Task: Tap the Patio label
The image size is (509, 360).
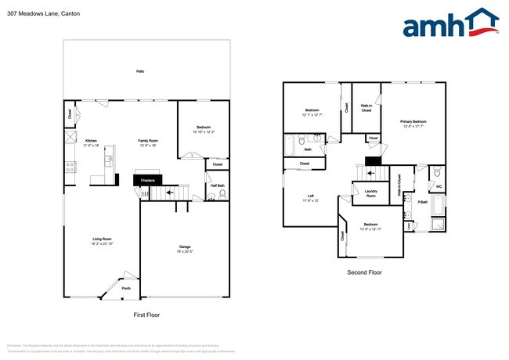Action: (x=140, y=71)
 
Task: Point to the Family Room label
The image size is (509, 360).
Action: (x=149, y=141)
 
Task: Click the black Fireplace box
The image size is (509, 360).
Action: (x=148, y=181)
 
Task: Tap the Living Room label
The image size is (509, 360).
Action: (x=103, y=239)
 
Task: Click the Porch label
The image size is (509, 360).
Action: (x=126, y=288)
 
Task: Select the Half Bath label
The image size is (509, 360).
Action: (x=217, y=185)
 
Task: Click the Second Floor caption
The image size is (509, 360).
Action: (x=364, y=272)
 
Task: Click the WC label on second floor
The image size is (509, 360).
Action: (x=439, y=186)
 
